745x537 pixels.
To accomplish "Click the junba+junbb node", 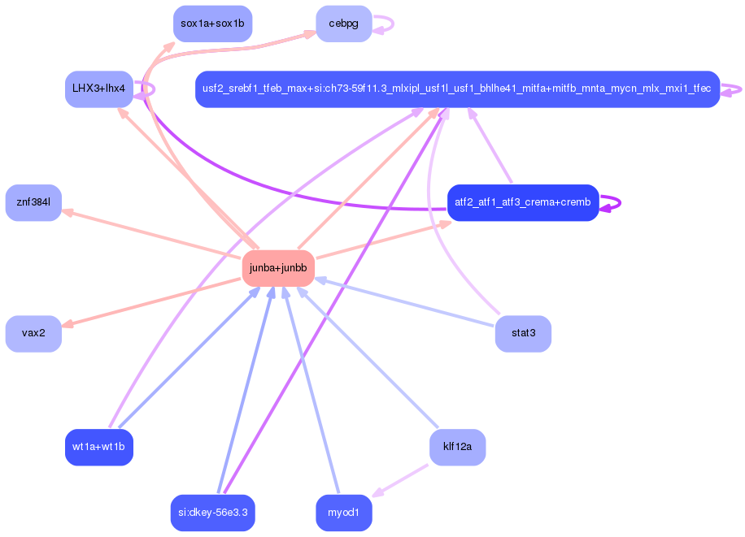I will point(278,268).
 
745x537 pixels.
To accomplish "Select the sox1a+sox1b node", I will point(212,24).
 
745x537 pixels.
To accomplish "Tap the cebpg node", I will point(343,24).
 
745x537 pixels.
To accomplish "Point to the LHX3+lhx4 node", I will point(98,89).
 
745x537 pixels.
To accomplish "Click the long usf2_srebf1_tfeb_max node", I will point(457,89).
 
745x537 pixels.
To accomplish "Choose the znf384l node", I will point(33,202).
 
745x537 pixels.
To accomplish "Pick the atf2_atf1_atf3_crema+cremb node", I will point(523,202).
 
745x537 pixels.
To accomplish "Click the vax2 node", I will point(33,333).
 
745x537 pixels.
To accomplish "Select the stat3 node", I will point(523,333).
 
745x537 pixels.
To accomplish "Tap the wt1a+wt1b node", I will point(98,447).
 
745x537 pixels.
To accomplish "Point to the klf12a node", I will point(457,447).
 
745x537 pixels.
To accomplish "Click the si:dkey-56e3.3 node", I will point(212,513).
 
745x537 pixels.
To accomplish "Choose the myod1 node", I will point(343,513).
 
